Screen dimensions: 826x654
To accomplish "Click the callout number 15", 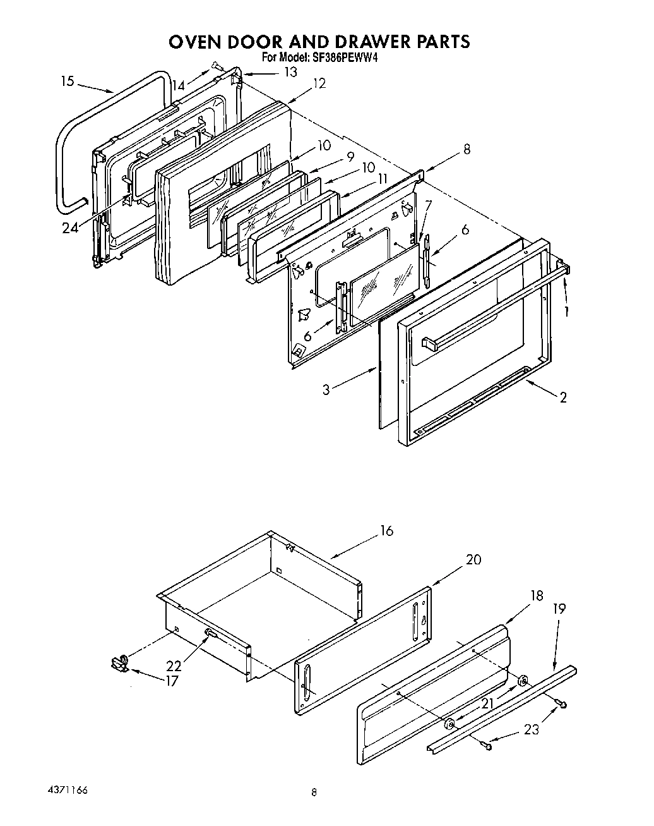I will [x=68, y=81].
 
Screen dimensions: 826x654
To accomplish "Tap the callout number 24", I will [x=71, y=228].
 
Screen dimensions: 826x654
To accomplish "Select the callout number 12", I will [x=319, y=83].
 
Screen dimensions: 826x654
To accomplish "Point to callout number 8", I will [x=467, y=150].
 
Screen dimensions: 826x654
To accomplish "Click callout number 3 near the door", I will [x=326, y=390].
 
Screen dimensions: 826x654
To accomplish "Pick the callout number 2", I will [x=562, y=397].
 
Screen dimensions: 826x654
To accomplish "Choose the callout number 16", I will [x=386, y=531].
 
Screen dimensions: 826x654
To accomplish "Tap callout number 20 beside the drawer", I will [x=473, y=559].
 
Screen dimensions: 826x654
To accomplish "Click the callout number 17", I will [x=172, y=681].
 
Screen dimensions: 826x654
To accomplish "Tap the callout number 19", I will [x=559, y=609].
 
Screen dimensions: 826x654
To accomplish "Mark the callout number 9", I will [x=350, y=155].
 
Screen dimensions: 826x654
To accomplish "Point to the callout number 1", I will [x=566, y=312].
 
